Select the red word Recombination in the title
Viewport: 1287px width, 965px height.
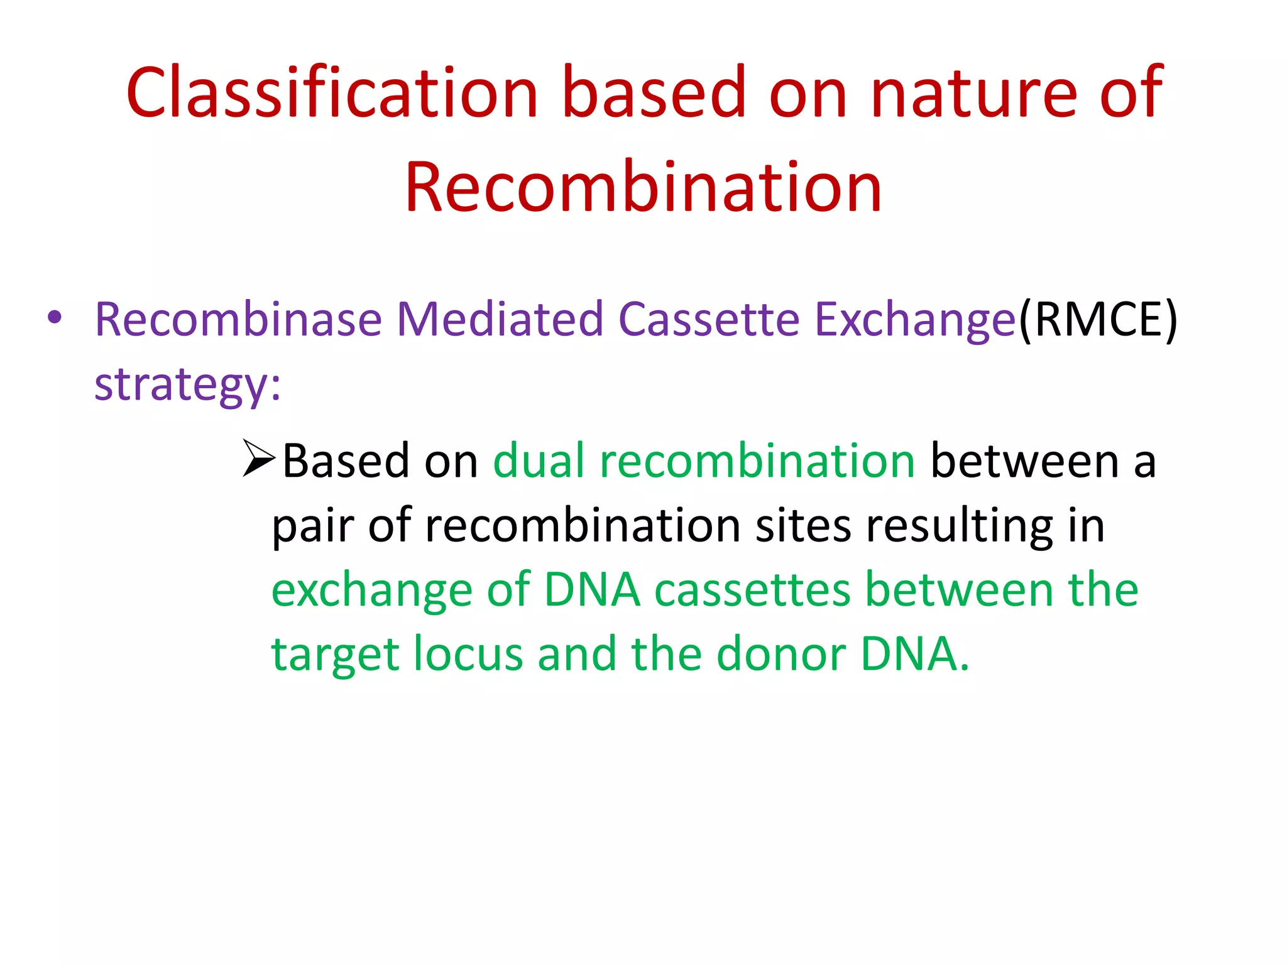(643, 187)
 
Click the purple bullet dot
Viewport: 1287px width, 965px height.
(55, 317)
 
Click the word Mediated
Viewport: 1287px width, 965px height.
(500, 319)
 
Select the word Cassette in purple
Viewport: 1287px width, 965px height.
(709, 319)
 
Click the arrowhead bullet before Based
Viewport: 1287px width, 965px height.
(258, 459)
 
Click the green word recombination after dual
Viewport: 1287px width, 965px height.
(757, 461)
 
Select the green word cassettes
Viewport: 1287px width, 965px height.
(752, 590)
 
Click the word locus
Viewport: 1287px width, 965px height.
(468, 654)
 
